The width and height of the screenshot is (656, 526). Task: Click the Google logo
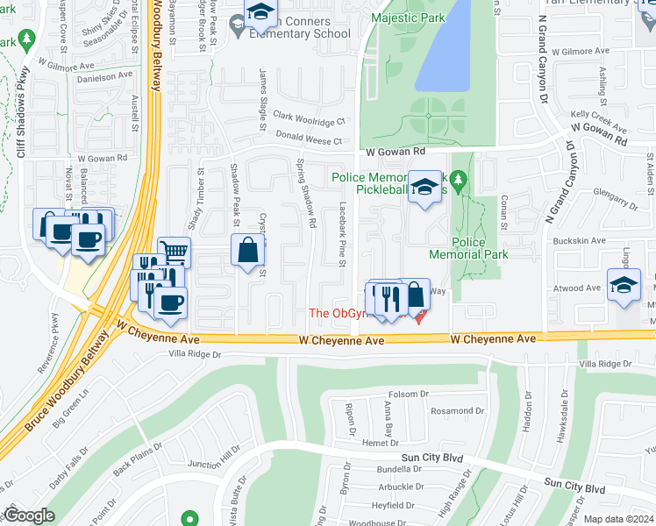tap(29, 515)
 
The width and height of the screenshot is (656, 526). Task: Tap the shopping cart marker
tap(175, 253)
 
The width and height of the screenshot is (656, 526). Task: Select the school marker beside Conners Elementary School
tap(260, 13)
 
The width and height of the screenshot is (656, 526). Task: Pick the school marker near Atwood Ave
tap(624, 287)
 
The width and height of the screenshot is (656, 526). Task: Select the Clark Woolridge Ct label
tap(309, 117)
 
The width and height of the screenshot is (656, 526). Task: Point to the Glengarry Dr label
tap(615, 201)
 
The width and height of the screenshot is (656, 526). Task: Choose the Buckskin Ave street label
tap(579, 240)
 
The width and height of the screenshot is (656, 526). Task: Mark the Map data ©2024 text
tap(618, 519)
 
